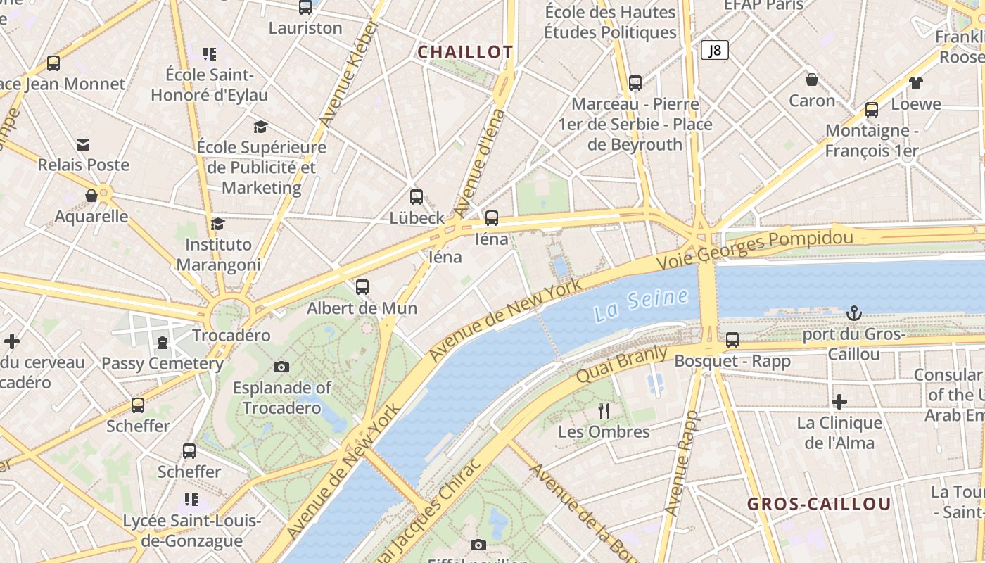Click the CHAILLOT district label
(465, 52)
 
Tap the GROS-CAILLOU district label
(819, 504)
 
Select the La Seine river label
(640, 304)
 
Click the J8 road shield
(714, 50)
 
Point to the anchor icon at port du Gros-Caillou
(853, 313)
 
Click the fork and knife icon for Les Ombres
(603, 411)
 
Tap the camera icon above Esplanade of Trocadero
(281, 367)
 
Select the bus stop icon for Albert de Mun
(362, 286)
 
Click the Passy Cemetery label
(162, 364)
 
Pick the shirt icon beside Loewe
(915, 83)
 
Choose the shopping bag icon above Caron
(811, 80)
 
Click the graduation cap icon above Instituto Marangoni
(217, 224)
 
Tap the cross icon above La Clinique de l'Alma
(839, 402)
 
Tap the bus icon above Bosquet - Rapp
(732, 340)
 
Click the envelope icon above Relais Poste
(83, 145)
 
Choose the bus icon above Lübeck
(417, 197)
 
